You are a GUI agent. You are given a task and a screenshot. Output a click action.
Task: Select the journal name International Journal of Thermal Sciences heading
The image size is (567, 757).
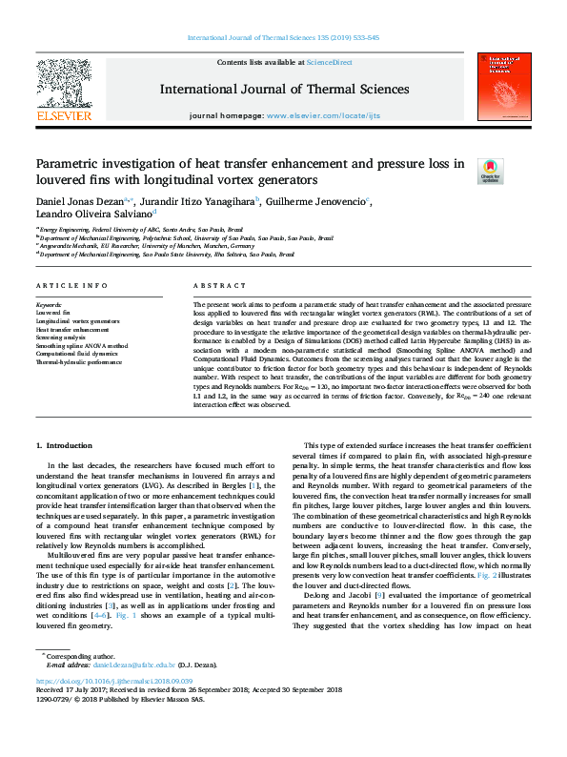pos(284,90)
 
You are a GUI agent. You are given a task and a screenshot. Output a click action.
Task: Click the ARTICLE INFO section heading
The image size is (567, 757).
pos(71,286)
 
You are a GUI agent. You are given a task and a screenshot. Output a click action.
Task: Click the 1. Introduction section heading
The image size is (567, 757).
pos(65,446)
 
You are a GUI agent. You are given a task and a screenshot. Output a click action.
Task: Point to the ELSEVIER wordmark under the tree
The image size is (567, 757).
pos(63,115)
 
